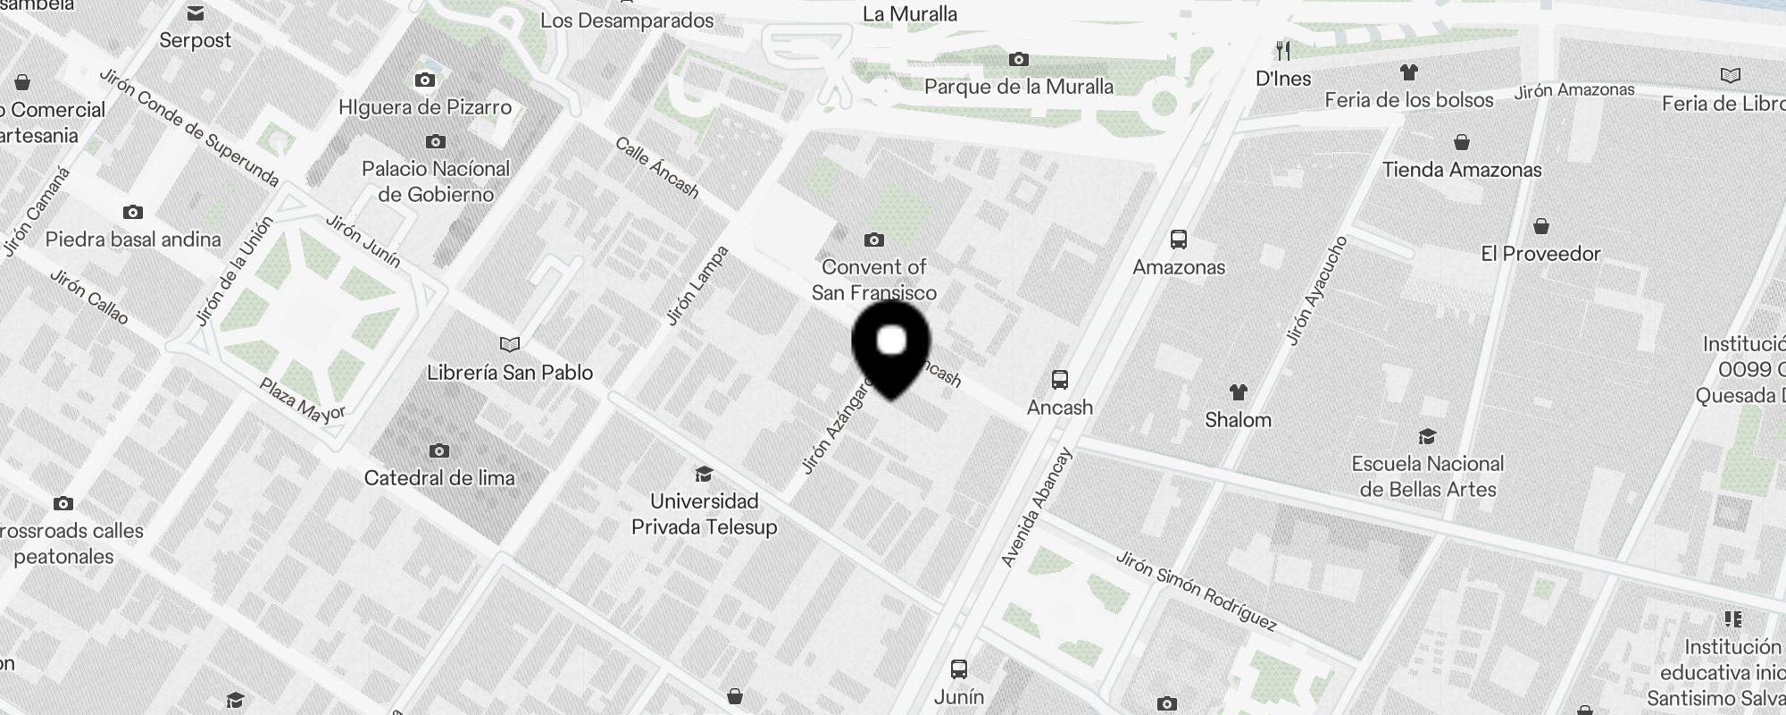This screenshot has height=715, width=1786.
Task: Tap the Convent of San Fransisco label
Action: point(873,280)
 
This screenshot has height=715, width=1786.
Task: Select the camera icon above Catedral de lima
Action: point(438,450)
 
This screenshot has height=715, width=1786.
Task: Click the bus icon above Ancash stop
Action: point(1060,380)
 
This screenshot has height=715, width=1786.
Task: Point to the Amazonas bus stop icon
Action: point(1179,240)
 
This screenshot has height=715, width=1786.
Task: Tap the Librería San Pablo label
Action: point(510,373)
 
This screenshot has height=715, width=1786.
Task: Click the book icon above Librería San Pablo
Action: point(510,345)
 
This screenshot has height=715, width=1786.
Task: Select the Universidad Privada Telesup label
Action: point(704,514)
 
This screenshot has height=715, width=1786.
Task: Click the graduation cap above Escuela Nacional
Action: point(1427,436)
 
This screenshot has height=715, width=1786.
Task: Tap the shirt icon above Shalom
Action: point(1238,391)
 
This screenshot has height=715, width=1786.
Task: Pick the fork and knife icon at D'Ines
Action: point(1283,50)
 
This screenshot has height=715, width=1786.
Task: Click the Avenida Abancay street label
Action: point(1036,508)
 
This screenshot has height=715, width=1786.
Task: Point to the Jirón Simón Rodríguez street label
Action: point(1196,591)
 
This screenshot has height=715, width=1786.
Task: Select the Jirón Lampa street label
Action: point(697,285)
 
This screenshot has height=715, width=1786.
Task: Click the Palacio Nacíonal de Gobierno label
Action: point(436,181)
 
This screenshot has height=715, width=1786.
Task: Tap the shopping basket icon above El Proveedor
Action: point(1541,226)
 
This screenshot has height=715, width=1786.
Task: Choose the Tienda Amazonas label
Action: point(1462,170)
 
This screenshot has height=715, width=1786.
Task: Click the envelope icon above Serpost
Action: point(196,13)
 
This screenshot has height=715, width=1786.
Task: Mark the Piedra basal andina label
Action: point(133,240)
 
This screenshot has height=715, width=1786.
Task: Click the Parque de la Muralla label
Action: point(1019,87)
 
